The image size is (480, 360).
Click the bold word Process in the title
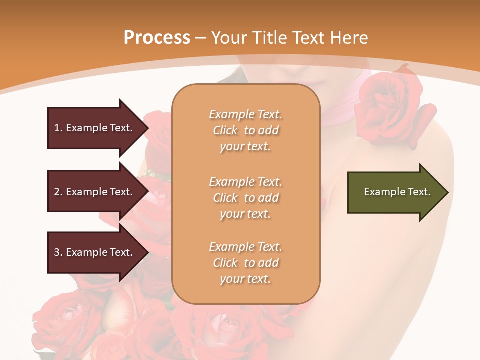coord(157,38)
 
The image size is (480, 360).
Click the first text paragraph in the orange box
coord(245,130)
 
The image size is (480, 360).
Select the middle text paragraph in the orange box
coord(245,198)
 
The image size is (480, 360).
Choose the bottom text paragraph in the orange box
coord(245,263)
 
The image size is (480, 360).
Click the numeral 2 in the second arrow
coord(57,192)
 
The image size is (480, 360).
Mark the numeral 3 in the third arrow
coord(57,252)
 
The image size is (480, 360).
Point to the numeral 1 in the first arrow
coord(57,128)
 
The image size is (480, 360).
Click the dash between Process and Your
coord(200,38)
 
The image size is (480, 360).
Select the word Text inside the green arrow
coord(420,192)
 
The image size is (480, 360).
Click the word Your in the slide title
coord(229,38)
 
